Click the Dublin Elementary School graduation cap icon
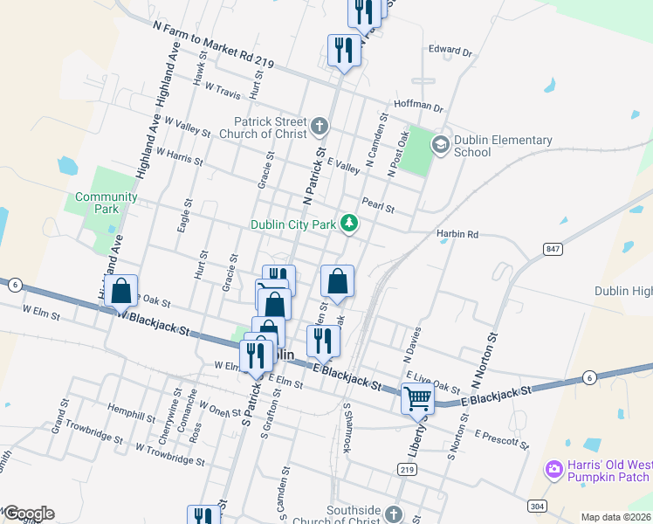pos(440,144)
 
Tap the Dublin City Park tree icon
pos(349,224)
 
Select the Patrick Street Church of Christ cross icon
pos(320,128)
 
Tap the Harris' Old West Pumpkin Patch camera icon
pos(553,470)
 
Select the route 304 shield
pos(537,506)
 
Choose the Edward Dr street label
pos(450,52)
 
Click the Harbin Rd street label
pos(458,235)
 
